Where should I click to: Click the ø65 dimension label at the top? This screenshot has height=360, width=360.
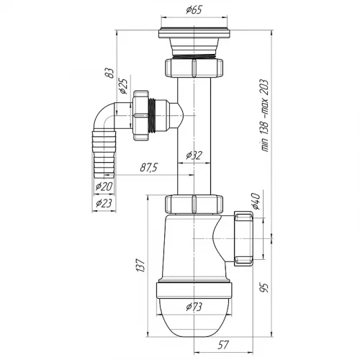pyautogui.click(x=194, y=10)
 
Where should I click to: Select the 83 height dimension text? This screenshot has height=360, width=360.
pyautogui.click(x=110, y=73)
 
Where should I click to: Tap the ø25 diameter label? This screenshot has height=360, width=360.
pyautogui.click(x=123, y=86)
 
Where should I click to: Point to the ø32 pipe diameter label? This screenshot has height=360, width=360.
pyautogui.click(x=194, y=156)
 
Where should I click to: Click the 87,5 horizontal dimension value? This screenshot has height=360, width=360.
pyautogui.click(x=149, y=168)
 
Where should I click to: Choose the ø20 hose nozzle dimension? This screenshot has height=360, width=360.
pyautogui.click(x=104, y=186)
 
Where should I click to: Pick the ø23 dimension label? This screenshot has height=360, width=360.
pyautogui.click(x=104, y=203)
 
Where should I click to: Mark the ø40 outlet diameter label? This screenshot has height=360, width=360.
pyautogui.click(x=256, y=201)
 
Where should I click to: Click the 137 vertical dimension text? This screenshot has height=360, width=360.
pyautogui.click(x=141, y=266)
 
